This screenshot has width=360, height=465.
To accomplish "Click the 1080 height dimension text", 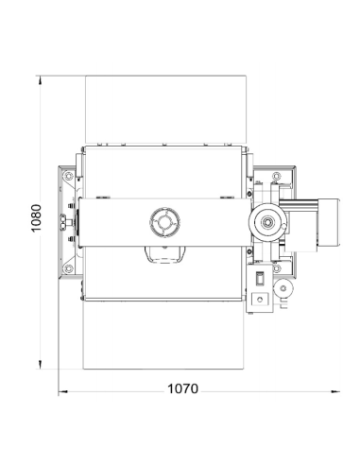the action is click(x=36, y=218).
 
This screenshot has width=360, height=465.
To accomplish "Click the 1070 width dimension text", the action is click(x=182, y=388).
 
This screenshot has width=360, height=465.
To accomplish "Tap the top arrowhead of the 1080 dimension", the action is click(x=40, y=79).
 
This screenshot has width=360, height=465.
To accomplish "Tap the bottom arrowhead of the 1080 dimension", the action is click(x=40, y=365).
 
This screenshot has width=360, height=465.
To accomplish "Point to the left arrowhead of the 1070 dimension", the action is click(x=63, y=391).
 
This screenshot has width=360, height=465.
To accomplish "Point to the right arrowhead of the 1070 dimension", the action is click(x=335, y=391).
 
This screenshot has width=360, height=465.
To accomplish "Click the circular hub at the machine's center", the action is click(x=165, y=222).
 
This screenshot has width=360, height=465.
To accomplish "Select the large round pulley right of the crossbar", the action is click(x=268, y=222).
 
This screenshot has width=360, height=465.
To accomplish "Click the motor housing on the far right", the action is click(x=328, y=222).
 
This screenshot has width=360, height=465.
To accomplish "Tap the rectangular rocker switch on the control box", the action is click(x=260, y=279).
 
